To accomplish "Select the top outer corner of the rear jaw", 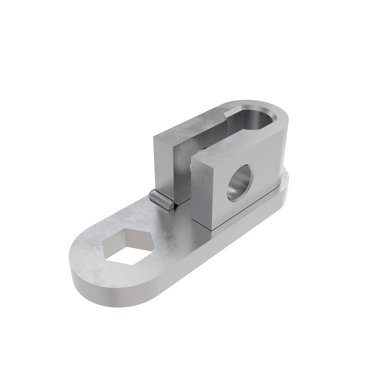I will pos(154,137).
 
